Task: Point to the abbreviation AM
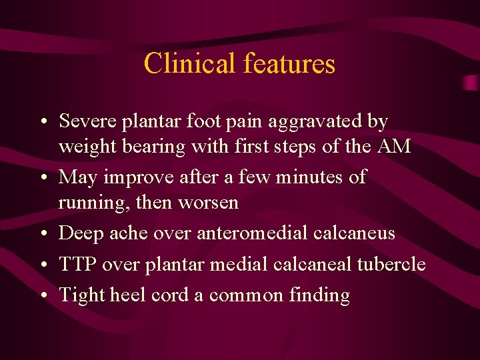pyautogui.click(x=394, y=147)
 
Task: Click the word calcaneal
pyautogui.click(x=313, y=264)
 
